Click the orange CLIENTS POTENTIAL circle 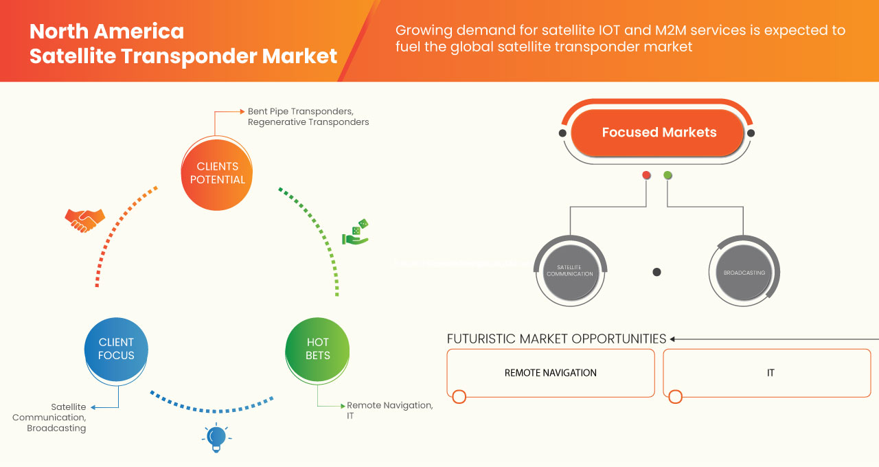216,173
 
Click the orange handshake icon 84,220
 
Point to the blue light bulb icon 216,437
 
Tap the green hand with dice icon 356,232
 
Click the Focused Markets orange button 658,133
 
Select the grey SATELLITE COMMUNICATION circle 569,271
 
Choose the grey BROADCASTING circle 744,272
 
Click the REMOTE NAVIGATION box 550,373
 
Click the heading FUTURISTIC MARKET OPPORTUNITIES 556,339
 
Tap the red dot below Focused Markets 646,176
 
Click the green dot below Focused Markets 667,176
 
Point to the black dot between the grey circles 657,272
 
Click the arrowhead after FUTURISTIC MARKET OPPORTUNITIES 673,339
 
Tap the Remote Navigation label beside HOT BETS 389,405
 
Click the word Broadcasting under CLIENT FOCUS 56,428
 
